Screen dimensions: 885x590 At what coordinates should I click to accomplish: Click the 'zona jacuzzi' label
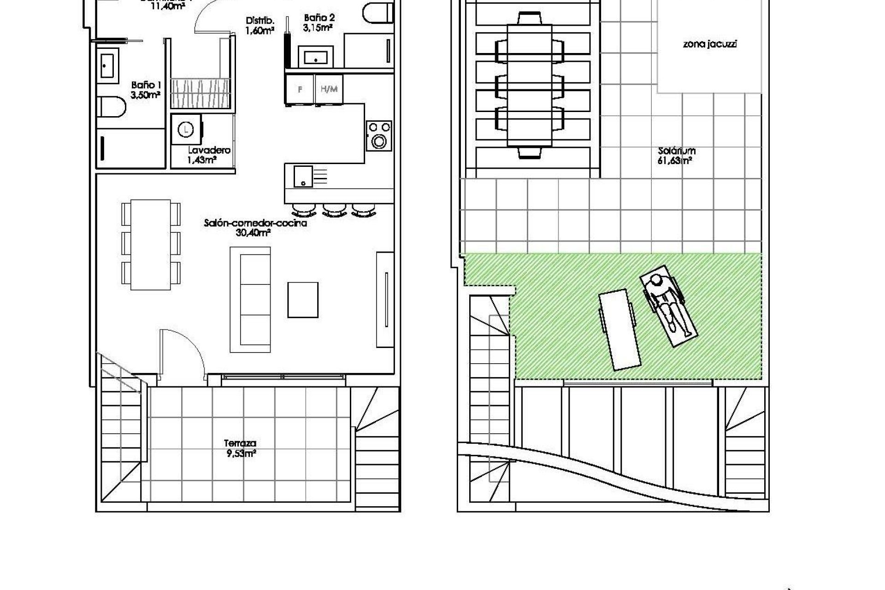[709, 45]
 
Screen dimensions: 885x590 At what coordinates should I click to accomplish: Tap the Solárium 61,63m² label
[676, 156]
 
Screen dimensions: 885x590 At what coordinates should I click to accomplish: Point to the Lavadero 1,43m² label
[208, 155]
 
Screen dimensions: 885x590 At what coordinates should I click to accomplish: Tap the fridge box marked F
[300, 89]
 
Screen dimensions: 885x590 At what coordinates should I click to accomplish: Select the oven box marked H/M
[329, 89]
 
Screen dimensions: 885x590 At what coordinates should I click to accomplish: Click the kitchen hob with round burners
[379, 136]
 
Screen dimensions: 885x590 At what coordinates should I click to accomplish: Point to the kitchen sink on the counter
[303, 177]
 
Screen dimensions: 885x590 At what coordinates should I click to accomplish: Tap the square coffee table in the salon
[303, 300]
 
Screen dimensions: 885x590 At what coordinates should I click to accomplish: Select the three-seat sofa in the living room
[250, 300]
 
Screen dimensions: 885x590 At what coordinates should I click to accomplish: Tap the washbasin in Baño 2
[316, 57]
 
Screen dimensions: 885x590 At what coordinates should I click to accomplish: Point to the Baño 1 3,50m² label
[146, 90]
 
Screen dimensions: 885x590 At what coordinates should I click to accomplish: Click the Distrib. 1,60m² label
[260, 26]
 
